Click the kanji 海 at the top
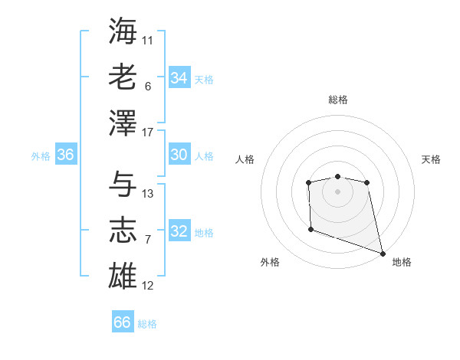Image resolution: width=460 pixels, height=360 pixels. point(123,30)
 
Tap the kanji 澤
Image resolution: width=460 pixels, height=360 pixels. point(123,123)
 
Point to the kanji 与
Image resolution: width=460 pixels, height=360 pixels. point(123,184)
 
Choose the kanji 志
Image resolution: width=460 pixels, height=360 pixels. point(123,231)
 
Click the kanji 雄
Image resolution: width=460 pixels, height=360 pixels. point(123,276)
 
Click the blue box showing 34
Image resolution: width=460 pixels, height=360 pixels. point(179,77)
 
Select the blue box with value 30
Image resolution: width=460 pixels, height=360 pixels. point(179,155)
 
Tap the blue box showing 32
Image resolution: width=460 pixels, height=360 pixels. point(179,231)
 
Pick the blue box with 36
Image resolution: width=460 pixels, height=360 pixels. point(65,155)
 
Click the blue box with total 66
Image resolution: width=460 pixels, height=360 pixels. point(123,322)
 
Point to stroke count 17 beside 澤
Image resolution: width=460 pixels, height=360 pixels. point(148,133)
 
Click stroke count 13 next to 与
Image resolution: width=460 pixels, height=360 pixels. point(148,194)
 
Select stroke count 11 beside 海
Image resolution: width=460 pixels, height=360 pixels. point(148,39)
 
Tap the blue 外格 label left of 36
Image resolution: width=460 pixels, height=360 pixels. point(41,156)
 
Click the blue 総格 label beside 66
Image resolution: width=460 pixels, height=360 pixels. point(147,324)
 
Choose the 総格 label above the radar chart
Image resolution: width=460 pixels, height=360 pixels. point(338,100)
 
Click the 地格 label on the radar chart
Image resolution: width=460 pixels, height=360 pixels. point(402,262)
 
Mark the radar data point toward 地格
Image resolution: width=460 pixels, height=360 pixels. point(383,254)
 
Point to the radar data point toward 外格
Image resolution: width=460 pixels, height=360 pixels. point(310,228)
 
